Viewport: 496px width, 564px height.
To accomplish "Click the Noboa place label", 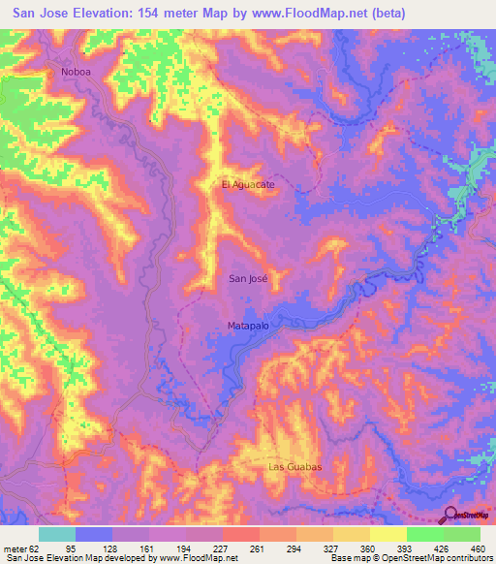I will tap(76, 72).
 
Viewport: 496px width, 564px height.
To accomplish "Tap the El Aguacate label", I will tap(248, 184).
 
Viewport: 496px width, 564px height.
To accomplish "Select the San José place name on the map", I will tap(247, 278).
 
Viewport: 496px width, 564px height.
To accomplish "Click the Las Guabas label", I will tap(294, 467).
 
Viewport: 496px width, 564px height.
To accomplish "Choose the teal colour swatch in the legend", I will tap(57, 534).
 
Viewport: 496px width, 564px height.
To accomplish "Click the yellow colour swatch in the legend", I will tap(387, 534).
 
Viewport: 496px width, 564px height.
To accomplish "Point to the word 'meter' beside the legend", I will tap(15, 549).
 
